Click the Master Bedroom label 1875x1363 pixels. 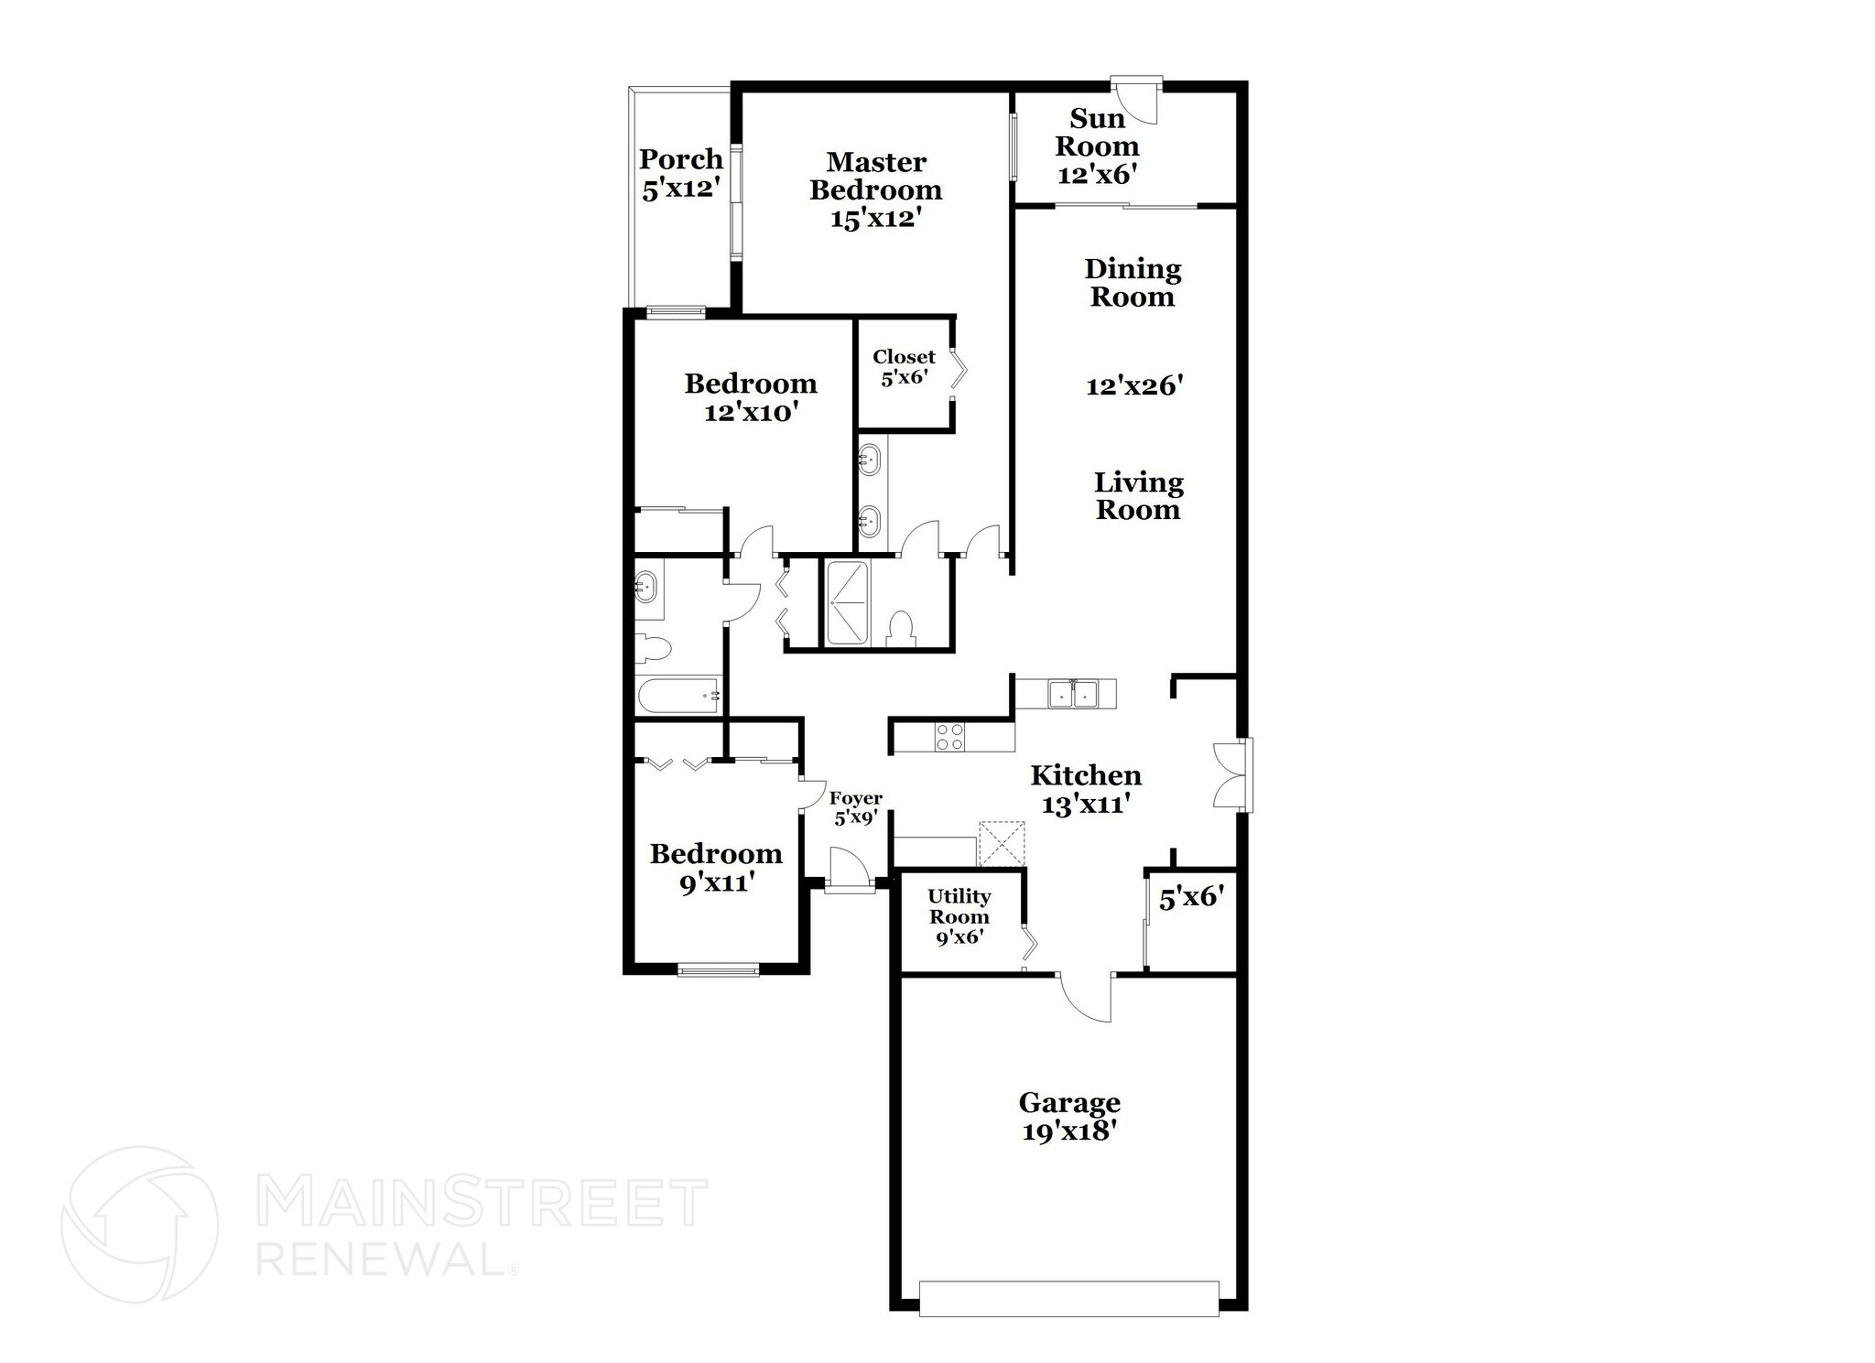tap(875, 176)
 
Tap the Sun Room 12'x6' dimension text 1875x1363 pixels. tap(1097, 174)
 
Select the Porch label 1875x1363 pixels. tap(680, 159)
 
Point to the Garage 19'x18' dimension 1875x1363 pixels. tap(1068, 1131)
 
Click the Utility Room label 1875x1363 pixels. tap(959, 906)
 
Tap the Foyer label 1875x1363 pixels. tap(855, 798)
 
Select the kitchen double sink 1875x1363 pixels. tap(1073, 693)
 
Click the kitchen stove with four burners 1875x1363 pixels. tap(949, 737)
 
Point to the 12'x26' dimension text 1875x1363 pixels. tap(1134, 385)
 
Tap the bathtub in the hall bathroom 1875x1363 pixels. tap(678, 696)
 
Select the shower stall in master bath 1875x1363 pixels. tap(848, 603)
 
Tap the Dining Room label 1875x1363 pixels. tap(1133, 282)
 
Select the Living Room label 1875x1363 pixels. tap(1138, 495)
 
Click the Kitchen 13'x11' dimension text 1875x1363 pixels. tap(1085, 805)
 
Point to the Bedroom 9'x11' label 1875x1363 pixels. tap(715, 868)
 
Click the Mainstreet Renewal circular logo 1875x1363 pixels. tap(139, 1224)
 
